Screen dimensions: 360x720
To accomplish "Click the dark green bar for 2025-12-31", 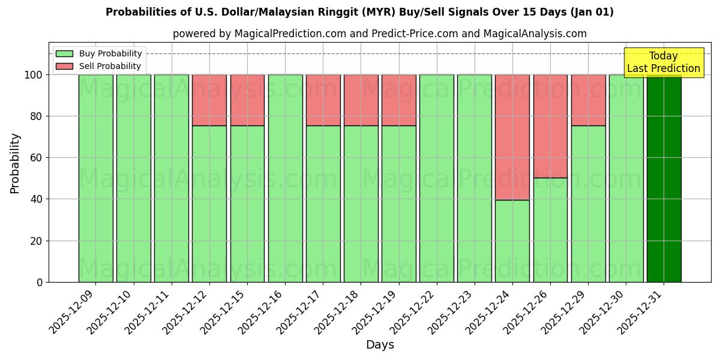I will click(x=664, y=178).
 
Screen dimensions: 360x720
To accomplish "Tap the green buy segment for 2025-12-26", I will click(x=550, y=230).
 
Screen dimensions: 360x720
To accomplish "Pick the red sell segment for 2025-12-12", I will click(x=209, y=100).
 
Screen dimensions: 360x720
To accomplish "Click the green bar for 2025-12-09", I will click(x=95, y=178).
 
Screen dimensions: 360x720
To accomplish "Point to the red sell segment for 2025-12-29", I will click(x=588, y=100).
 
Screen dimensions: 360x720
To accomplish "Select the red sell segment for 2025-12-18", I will click(x=361, y=100).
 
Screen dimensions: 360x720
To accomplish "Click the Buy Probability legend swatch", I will click(x=64, y=54).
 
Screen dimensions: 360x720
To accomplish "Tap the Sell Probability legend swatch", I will click(x=64, y=67).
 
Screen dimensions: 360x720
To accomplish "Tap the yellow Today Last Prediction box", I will click(x=663, y=62).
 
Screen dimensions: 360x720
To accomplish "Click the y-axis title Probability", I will click(x=15, y=163).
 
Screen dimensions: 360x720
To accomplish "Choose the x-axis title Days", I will click(x=380, y=345).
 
